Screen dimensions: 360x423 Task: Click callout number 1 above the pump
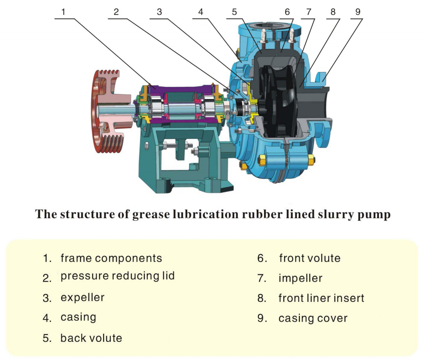[x=63, y=12]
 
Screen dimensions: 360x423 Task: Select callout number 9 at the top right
[x=357, y=12]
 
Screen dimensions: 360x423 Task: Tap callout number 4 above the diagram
[x=201, y=12]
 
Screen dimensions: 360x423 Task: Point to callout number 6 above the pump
[x=287, y=12]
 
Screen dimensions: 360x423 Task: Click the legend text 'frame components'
[x=111, y=258]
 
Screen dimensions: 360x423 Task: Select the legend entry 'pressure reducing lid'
[x=117, y=276]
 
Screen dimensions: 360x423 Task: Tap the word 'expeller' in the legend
[x=82, y=298]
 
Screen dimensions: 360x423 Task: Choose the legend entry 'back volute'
[x=91, y=338]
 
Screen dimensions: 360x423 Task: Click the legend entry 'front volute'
[x=310, y=258]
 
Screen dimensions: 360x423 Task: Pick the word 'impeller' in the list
[x=300, y=278]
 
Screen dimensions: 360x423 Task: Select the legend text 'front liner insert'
[x=321, y=298]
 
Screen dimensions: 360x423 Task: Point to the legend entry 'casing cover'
[x=313, y=318]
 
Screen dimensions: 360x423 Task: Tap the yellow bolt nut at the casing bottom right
[x=311, y=160]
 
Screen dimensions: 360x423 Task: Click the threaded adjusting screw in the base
[x=172, y=146]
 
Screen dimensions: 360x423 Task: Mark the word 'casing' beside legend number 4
[x=78, y=317]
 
